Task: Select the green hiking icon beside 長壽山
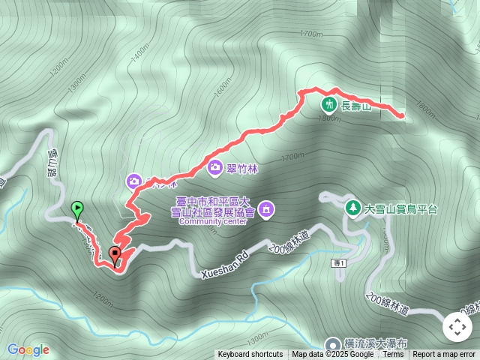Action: (x=328, y=105)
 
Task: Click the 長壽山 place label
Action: (x=356, y=106)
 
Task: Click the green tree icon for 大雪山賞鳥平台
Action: (x=351, y=207)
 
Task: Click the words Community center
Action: (x=213, y=222)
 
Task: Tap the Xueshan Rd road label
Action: (x=223, y=268)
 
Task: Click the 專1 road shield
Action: (x=339, y=262)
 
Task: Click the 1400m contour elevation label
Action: (x=139, y=55)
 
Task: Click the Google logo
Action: (x=28, y=349)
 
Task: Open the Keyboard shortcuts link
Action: (x=250, y=355)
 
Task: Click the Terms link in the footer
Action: (x=393, y=355)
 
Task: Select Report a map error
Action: (x=445, y=355)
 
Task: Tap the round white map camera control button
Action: (x=457, y=327)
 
